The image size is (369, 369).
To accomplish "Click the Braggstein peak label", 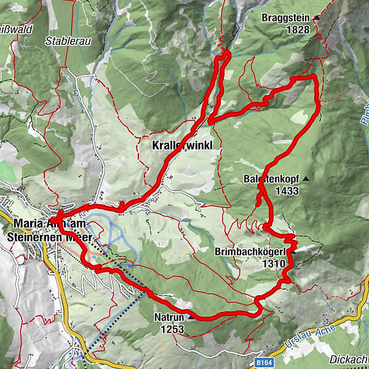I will click(285, 17).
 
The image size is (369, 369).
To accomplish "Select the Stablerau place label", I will click(64, 42).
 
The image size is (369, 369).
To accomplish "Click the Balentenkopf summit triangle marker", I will click(306, 180).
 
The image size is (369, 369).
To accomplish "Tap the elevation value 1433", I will click(287, 191).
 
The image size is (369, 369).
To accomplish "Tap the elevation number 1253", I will click(173, 330).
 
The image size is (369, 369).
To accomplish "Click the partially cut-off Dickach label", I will click(347, 359).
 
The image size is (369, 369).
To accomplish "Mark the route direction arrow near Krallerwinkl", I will click(121, 207).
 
